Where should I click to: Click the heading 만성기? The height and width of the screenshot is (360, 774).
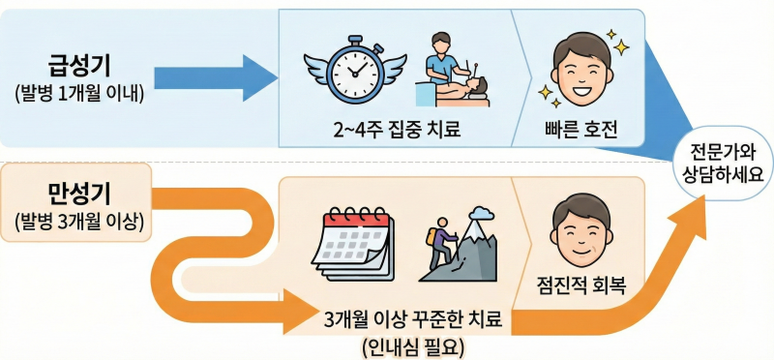point(79,195)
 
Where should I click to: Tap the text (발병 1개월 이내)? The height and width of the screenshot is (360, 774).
point(79,93)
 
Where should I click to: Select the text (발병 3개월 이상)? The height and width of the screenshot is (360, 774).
point(79,222)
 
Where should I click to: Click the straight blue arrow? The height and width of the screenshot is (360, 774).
point(216,78)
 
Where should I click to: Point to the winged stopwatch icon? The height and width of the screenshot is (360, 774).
point(355,69)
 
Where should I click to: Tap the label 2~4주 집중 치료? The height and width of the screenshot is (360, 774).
point(397,130)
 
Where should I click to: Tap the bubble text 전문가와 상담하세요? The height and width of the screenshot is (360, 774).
point(721,164)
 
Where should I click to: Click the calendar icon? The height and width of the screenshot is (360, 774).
point(353,244)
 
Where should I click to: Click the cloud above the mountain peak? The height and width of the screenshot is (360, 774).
point(482,213)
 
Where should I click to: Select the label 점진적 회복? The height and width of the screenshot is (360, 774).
point(581,286)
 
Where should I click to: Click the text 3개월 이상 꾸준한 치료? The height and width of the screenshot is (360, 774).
point(413,321)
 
